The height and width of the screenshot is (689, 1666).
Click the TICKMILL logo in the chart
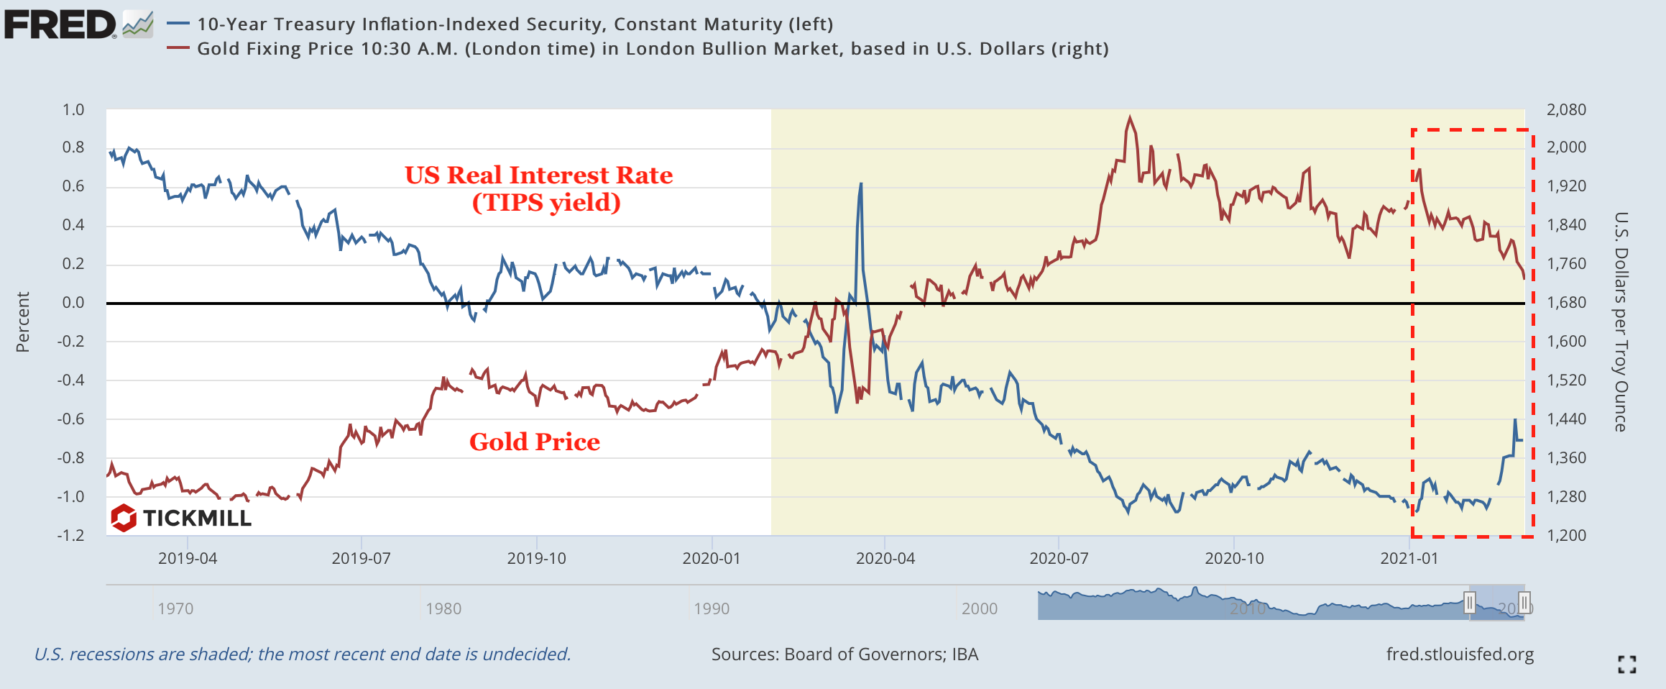click(x=182, y=518)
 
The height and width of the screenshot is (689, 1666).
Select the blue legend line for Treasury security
click(x=178, y=24)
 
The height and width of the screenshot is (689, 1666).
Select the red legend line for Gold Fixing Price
click(x=178, y=48)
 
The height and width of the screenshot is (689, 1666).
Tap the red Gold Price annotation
click(x=534, y=442)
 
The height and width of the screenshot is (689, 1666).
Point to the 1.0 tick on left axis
click(x=73, y=110)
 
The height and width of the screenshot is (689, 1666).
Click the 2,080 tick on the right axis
click(x=1565, y=110)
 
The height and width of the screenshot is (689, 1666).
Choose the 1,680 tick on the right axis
click(x=1565, y=303)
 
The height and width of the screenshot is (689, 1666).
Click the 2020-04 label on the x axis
click(x=885, y=559)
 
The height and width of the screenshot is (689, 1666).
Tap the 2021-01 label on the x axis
click(x=1409, y=559)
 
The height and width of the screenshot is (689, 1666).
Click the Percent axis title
click(x=23, y=321)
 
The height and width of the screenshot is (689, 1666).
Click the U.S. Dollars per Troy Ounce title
click(x=1621, y=321)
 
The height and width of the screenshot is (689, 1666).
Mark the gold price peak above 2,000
click(x=1130, y=117)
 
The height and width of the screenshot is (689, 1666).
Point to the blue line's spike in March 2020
click(x=860, y=185)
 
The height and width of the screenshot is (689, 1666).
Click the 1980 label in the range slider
click(x=443, y=608)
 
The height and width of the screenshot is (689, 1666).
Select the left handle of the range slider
click(x=1470, y=602)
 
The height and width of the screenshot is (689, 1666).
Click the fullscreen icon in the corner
click(x=1627, y=665)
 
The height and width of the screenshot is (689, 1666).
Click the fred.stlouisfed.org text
click(x=1459, y=654)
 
